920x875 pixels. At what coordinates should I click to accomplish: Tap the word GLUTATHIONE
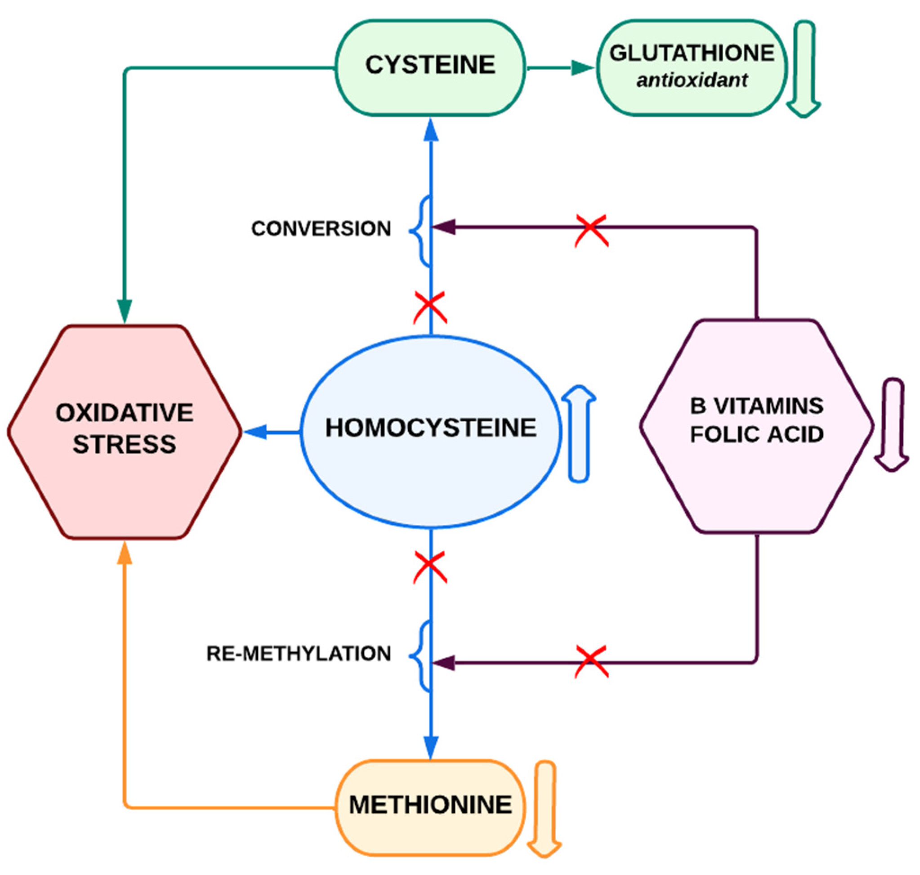tap(692, 53)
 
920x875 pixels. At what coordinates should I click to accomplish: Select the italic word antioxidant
tap(692, 80)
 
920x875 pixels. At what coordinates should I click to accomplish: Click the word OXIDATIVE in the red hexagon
tap(124, 413)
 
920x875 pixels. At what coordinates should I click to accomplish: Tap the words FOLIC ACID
tap(756, 435)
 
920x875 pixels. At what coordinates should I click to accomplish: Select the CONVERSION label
tap(321, 228)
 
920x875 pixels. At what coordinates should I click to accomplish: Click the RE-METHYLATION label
tap(299, 653)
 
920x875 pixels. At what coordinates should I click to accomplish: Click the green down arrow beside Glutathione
tap(804, 70)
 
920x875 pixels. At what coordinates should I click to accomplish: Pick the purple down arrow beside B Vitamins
tap(892, 424)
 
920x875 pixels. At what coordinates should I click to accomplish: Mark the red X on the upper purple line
tap(591, 230)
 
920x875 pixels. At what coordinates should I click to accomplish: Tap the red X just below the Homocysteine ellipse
tap(430, 567)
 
